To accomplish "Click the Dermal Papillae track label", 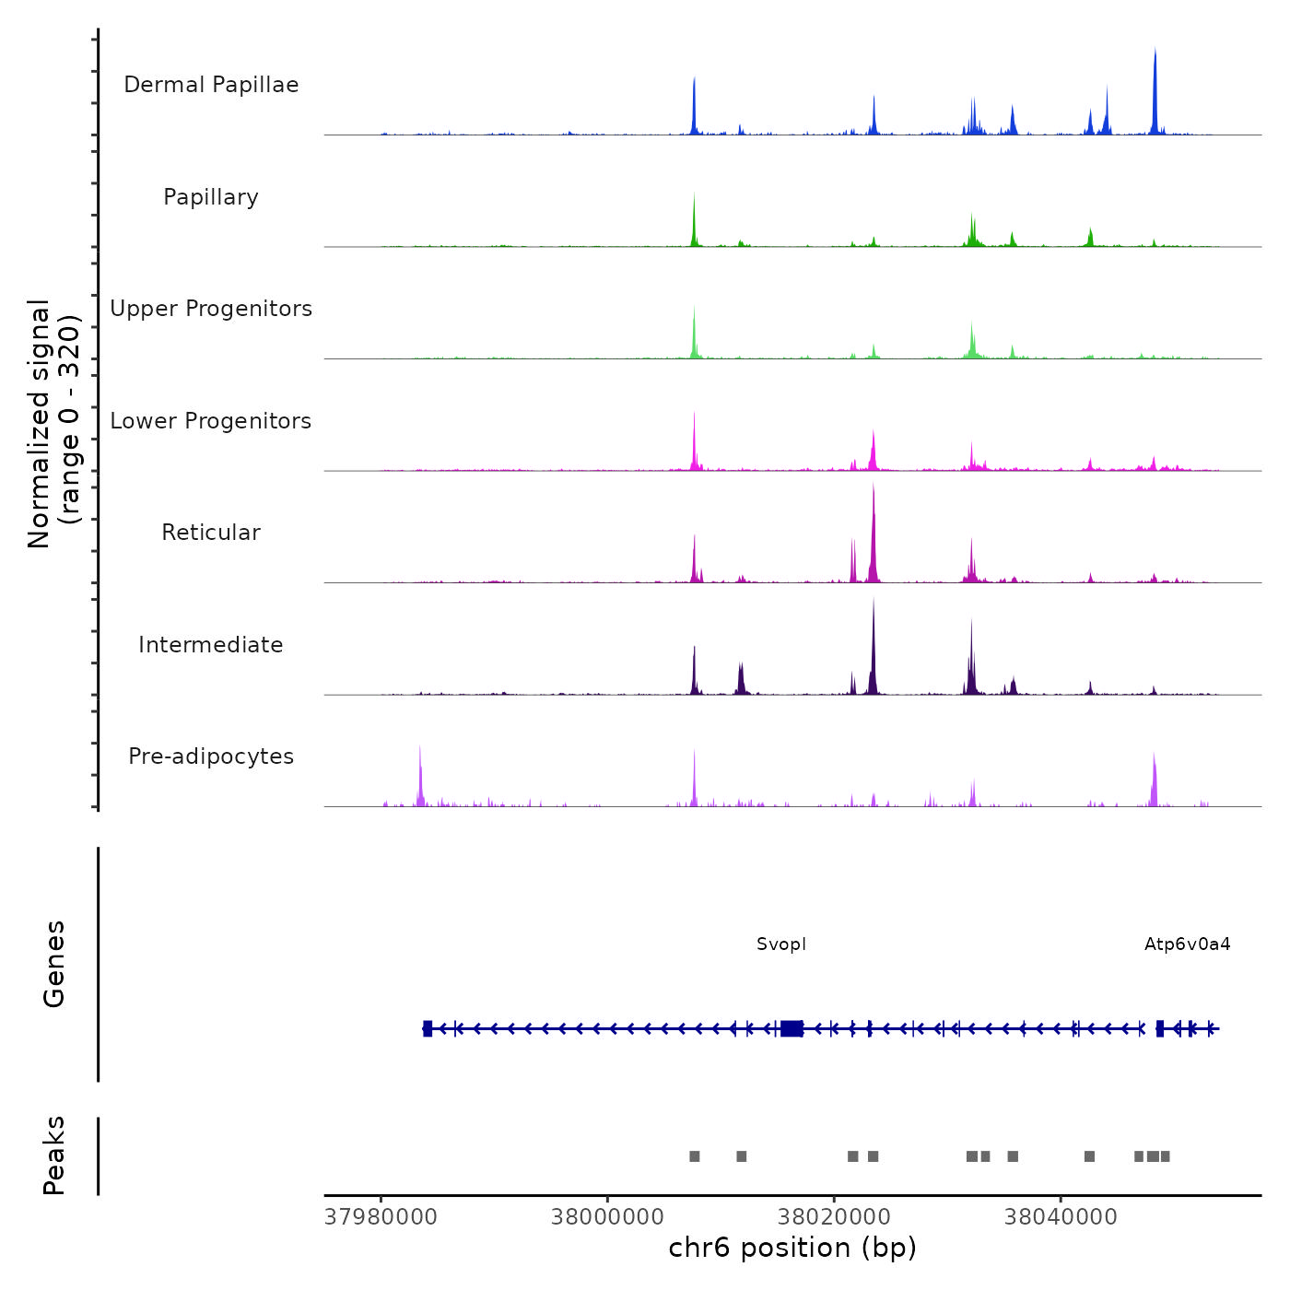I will pyautogui.click(x=211, y=85).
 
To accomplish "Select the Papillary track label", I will pyautogui.click(x=211, y=197).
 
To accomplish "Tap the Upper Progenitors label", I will pyautogui.click(x=211, y=309).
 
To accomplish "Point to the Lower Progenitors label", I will pyautogui.click(x=211, y=421).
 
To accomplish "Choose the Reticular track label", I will pyautogui.click(x=211, y=533).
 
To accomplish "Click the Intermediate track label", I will pyautogui.click(x=211, y=645).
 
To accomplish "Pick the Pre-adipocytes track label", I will pyautogui.click(x=211, y=756).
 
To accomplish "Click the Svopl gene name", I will pyautogui.click(x=781, y=944).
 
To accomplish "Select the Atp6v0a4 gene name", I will pyautogui.click(x=1187, y=944).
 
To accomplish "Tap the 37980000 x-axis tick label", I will pyautogui.click(x=381, y=1217).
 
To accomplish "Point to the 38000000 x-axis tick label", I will pyautogui.click(x=607, y=1217).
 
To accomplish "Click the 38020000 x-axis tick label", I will pyautogui.click(x=834, y=1217).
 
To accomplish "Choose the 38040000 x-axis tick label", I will pyautogui.click(x=1061, y=1217).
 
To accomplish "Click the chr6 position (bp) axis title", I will pyautogui.click(x=792, y=1248).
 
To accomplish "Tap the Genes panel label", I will pyautogui.click(x=53, y=964).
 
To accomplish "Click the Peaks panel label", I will pyautogui.click(x=53, y=1155).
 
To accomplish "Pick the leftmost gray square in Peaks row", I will pyautogui.click(x=695, y=1156).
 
